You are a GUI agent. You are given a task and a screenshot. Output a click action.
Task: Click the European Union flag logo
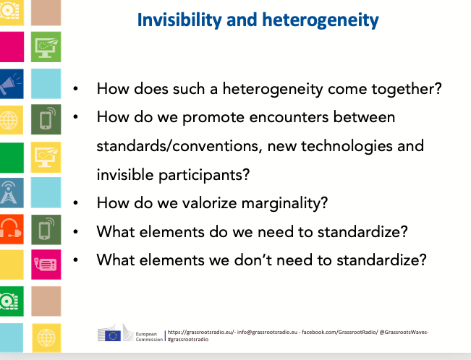(113, 335)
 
